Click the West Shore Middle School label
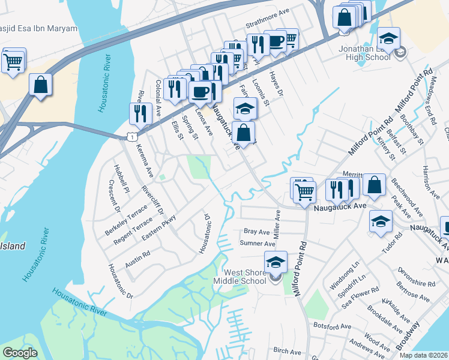pos(245,277)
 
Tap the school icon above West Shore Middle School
pos(276,262)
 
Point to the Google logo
pos(20,353)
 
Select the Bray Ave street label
pos(256,232)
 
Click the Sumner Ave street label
pos(257,244)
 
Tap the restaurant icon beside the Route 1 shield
pos(139,113)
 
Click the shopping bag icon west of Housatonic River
pos(40,85)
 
